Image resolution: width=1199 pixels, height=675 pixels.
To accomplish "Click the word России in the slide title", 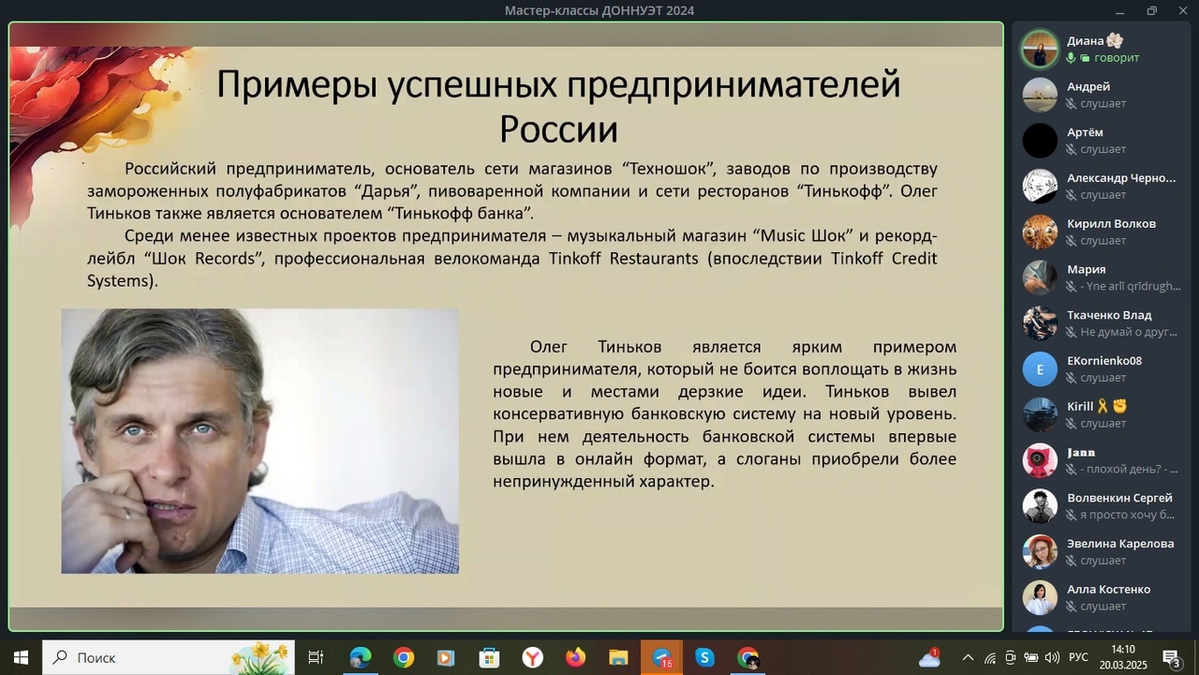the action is point(558,129).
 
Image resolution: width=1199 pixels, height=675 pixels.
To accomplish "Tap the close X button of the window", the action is point(1182,10).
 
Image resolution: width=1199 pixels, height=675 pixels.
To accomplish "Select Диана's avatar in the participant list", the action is point(1040,50).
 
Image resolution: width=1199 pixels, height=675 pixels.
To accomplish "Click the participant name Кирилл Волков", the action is point(1111,224).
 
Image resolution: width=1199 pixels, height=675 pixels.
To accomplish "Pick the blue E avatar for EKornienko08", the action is point(1040,369).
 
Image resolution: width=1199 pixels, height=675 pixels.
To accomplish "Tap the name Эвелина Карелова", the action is point(1120,544).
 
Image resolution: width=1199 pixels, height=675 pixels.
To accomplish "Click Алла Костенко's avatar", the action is point(1040,598).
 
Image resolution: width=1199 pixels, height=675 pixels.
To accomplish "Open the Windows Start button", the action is point(21,657).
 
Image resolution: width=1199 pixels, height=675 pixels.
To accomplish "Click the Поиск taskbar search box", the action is point(168,657).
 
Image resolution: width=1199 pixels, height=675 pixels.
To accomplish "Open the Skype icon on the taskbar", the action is point(704,657).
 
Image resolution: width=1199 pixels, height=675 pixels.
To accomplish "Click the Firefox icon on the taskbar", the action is point(575,657).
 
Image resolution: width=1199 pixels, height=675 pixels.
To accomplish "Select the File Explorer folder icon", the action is point(618,657).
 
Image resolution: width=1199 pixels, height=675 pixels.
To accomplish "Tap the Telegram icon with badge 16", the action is point(661,657).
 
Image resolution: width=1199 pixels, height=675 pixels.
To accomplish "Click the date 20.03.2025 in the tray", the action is point(1123,666).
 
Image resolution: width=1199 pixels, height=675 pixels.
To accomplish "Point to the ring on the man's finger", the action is point(127,515).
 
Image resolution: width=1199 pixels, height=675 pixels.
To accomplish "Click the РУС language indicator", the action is point(1078,657).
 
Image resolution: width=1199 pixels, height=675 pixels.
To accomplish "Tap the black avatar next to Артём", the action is point(1040,141).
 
